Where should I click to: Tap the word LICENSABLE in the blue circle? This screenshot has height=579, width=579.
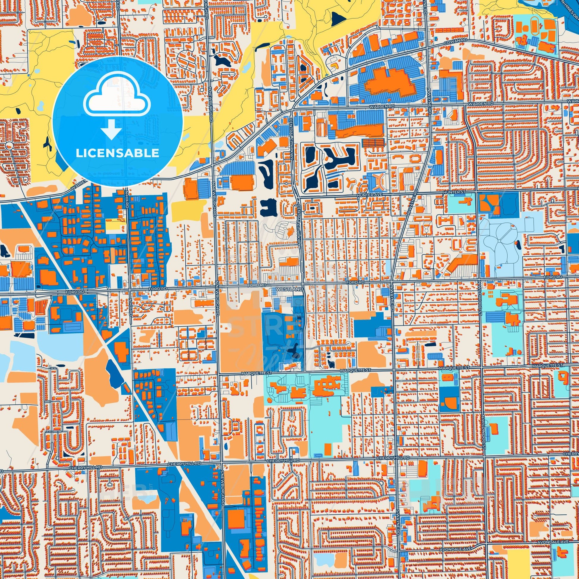117,153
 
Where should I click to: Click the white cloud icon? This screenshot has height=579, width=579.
118,96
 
